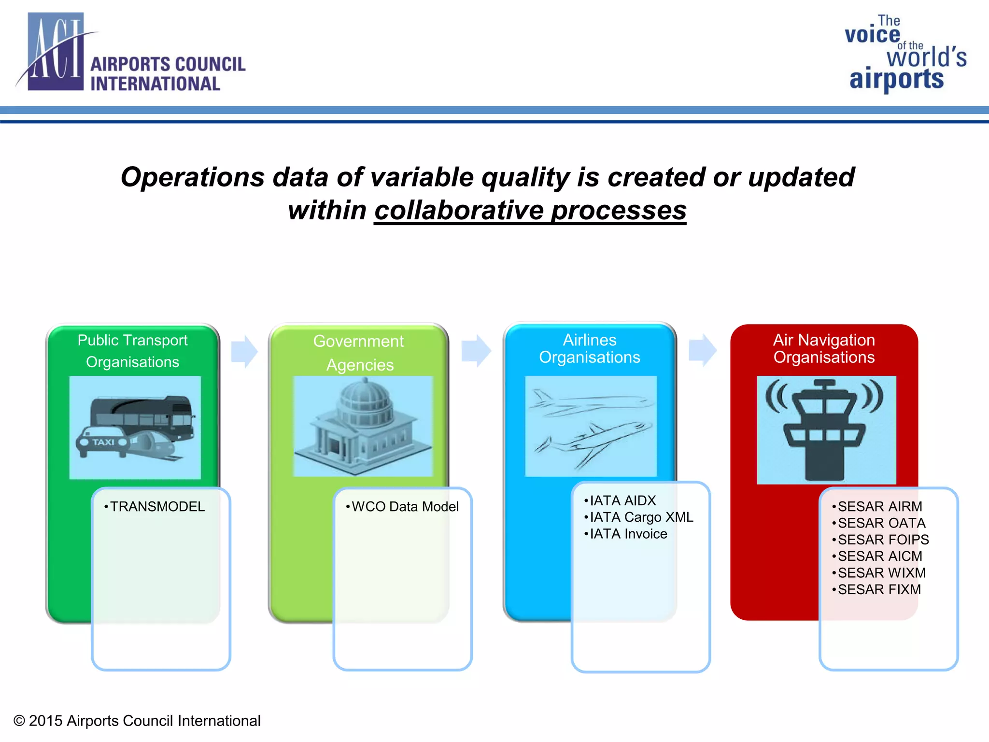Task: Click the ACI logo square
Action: [56, 52]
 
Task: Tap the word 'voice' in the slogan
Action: [872, 35]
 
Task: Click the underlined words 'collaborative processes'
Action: [530, 211]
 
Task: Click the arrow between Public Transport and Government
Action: [244, 351]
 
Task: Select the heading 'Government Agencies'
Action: [359, 353]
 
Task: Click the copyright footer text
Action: [137, 721]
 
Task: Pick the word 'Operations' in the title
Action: [192, 177]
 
